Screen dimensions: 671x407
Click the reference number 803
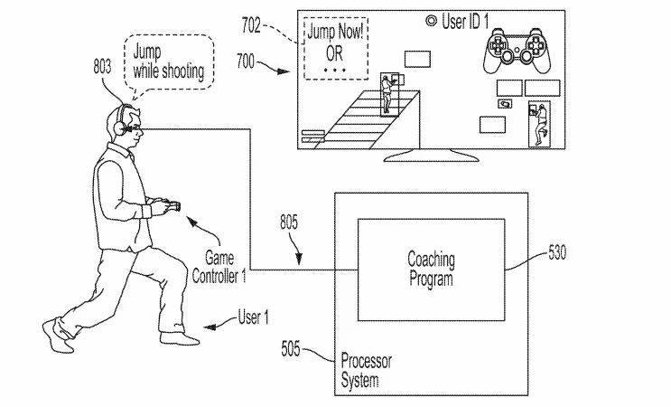102,67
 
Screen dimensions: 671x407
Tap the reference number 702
251,25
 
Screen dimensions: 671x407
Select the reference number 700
246,62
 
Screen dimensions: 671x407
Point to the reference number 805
289,222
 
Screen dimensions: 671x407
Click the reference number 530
557,252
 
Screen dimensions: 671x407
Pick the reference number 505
291,348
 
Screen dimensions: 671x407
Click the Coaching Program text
431,269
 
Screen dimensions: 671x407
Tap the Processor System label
366,371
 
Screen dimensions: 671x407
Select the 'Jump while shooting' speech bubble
169,62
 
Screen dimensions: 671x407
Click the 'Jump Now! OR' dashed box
336,48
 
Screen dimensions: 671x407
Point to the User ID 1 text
465,22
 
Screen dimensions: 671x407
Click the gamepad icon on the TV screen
517,51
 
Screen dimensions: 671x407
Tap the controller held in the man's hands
172,205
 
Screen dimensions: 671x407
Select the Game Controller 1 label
219,267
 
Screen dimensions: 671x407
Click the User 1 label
254,317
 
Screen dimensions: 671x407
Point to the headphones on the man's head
120,121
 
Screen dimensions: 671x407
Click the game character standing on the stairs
387,94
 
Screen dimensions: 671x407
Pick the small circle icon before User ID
431,21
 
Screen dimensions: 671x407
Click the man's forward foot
180,338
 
